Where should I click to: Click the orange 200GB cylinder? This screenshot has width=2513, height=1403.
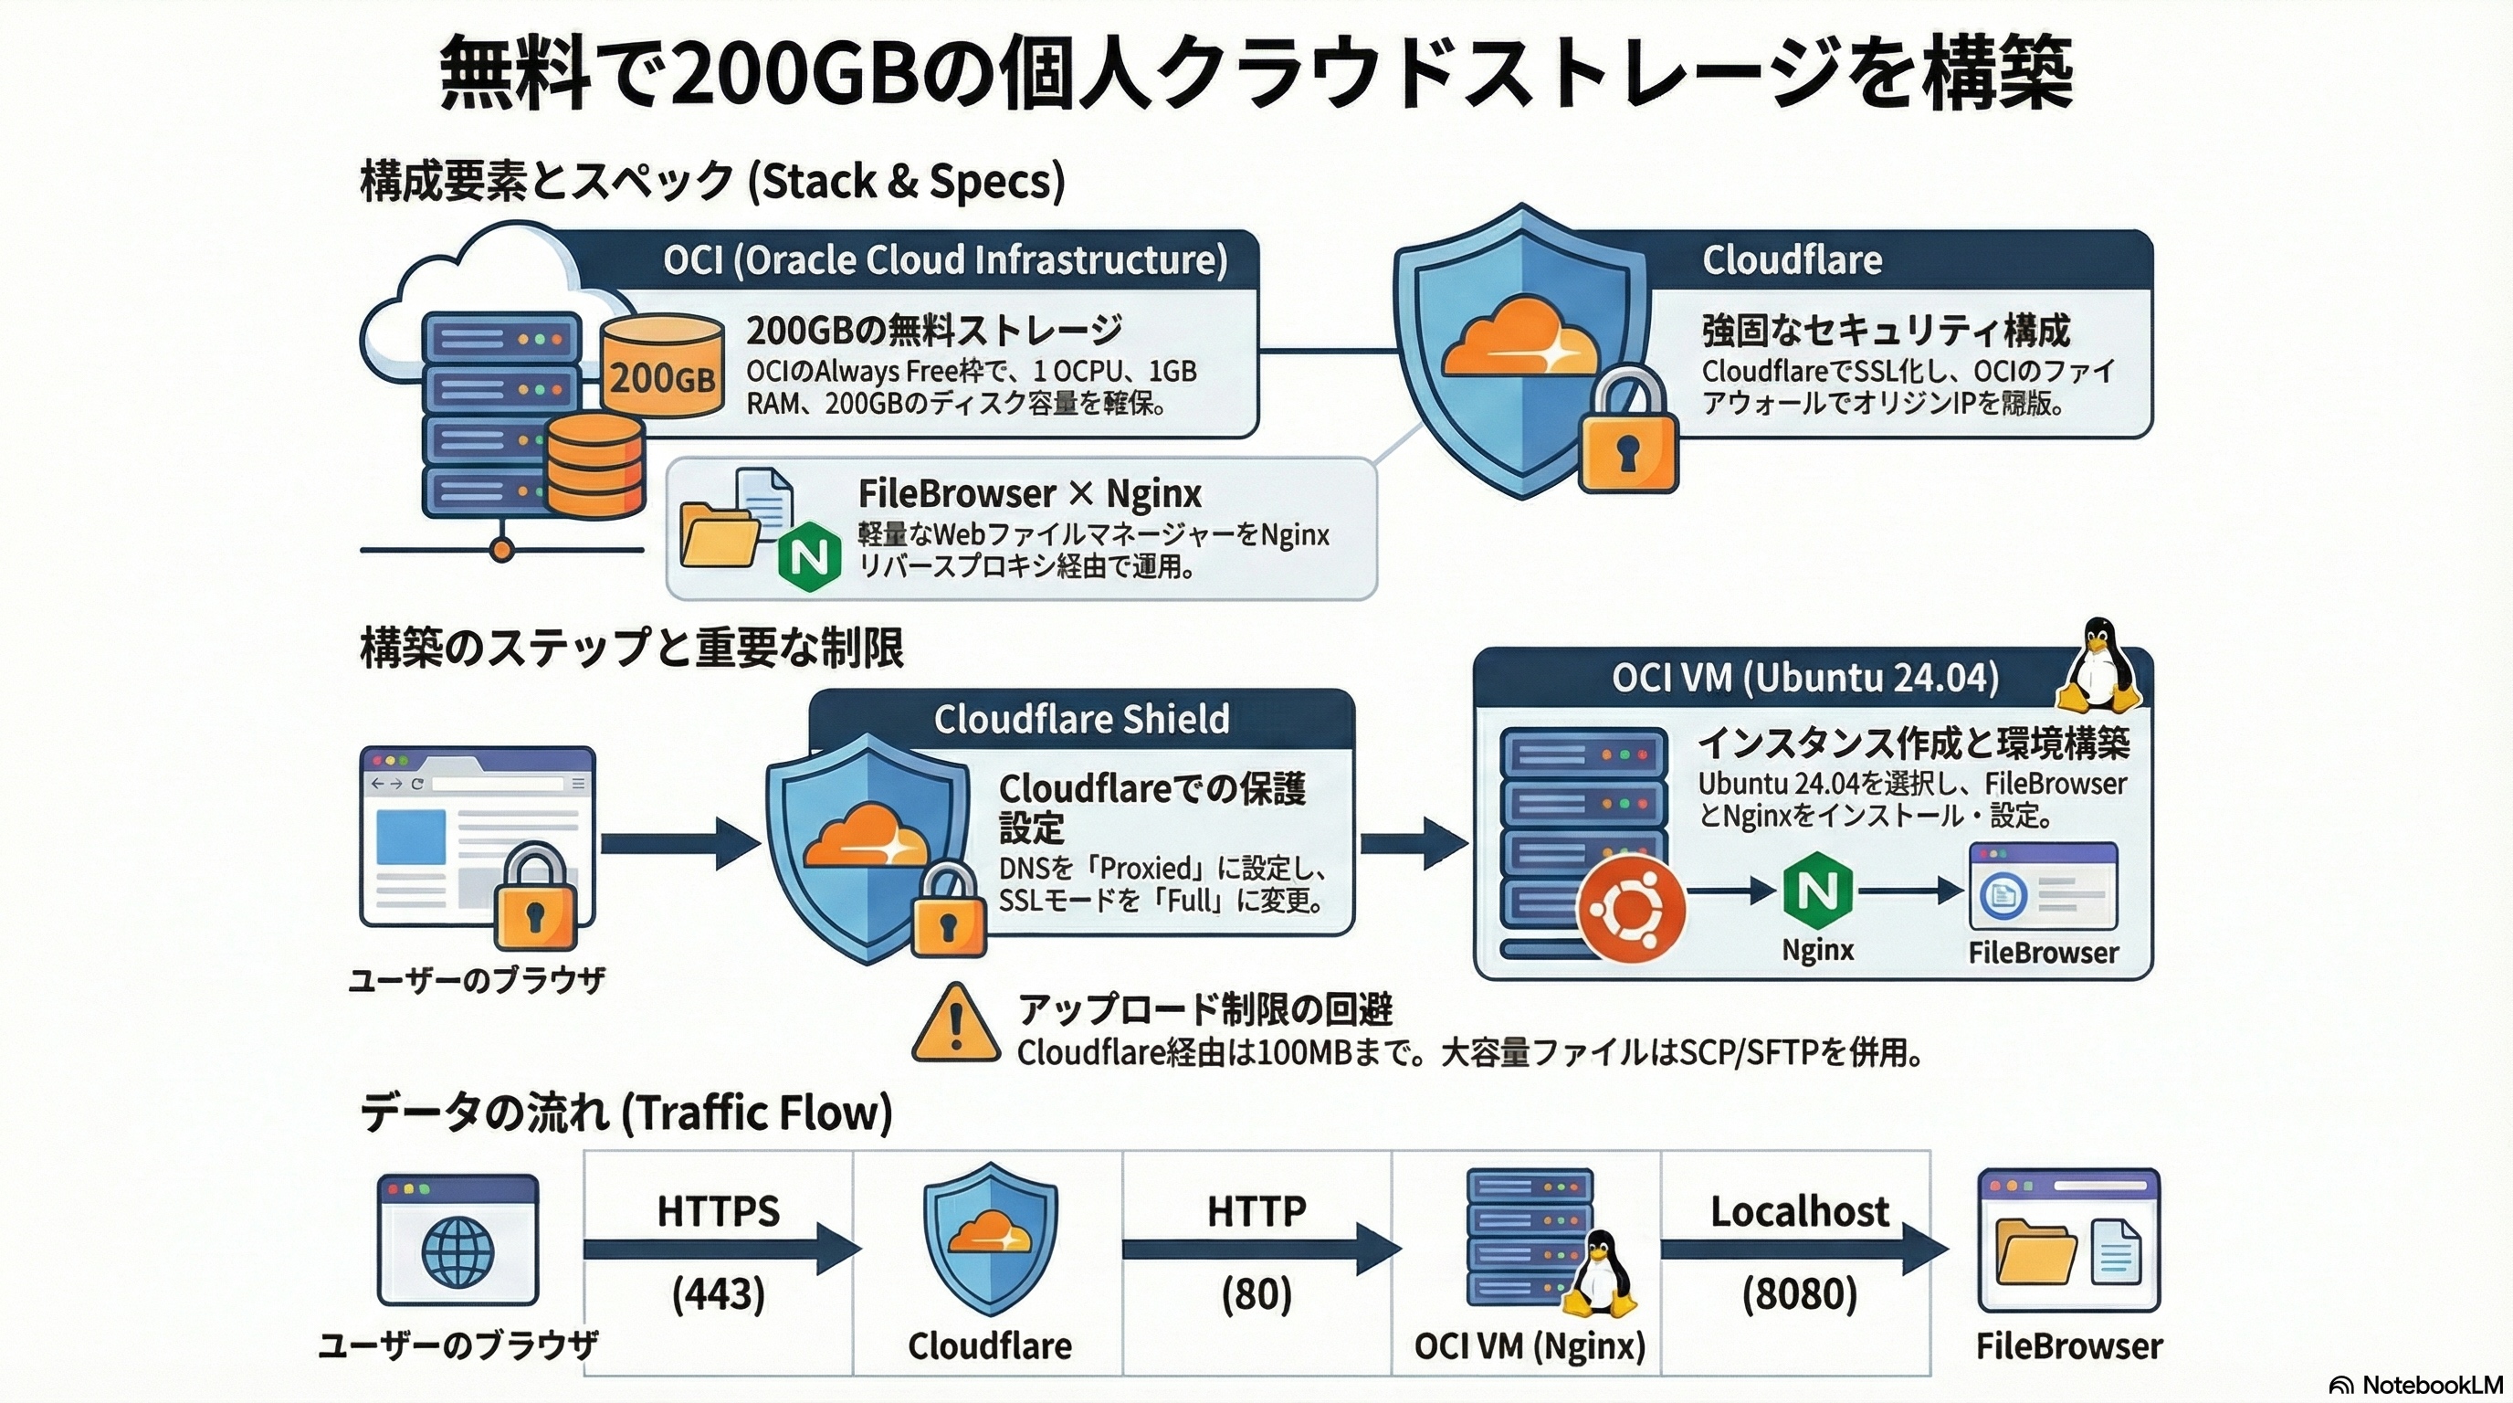[x=662, y=368]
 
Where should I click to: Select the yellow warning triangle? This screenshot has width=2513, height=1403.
[x=955, y=1025]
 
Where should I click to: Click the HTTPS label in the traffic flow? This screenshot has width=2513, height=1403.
[x=718, y=1211]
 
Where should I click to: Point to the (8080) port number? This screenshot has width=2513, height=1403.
[x=1799, y=1293]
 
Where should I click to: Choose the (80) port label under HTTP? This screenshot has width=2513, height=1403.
[x=1256, y=1293]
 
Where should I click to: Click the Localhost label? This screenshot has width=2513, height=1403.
[x=1799, y=1211]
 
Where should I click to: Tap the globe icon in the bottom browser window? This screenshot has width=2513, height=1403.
[x=457, y=1250]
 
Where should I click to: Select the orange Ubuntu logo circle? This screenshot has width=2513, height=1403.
[x=1631, y=910]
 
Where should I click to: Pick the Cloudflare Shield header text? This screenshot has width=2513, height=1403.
[x=1081, y=719]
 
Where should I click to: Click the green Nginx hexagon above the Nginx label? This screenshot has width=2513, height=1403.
[x=1817, y=890]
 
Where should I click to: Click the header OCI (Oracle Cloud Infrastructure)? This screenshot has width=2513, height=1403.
[x=944, y=259]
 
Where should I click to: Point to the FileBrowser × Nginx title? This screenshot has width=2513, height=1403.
[x=1029, y=493]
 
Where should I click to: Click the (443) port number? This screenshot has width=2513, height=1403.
[x=718, y=1293]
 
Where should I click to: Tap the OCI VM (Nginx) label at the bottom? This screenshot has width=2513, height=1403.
[x=1529, y=1346]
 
